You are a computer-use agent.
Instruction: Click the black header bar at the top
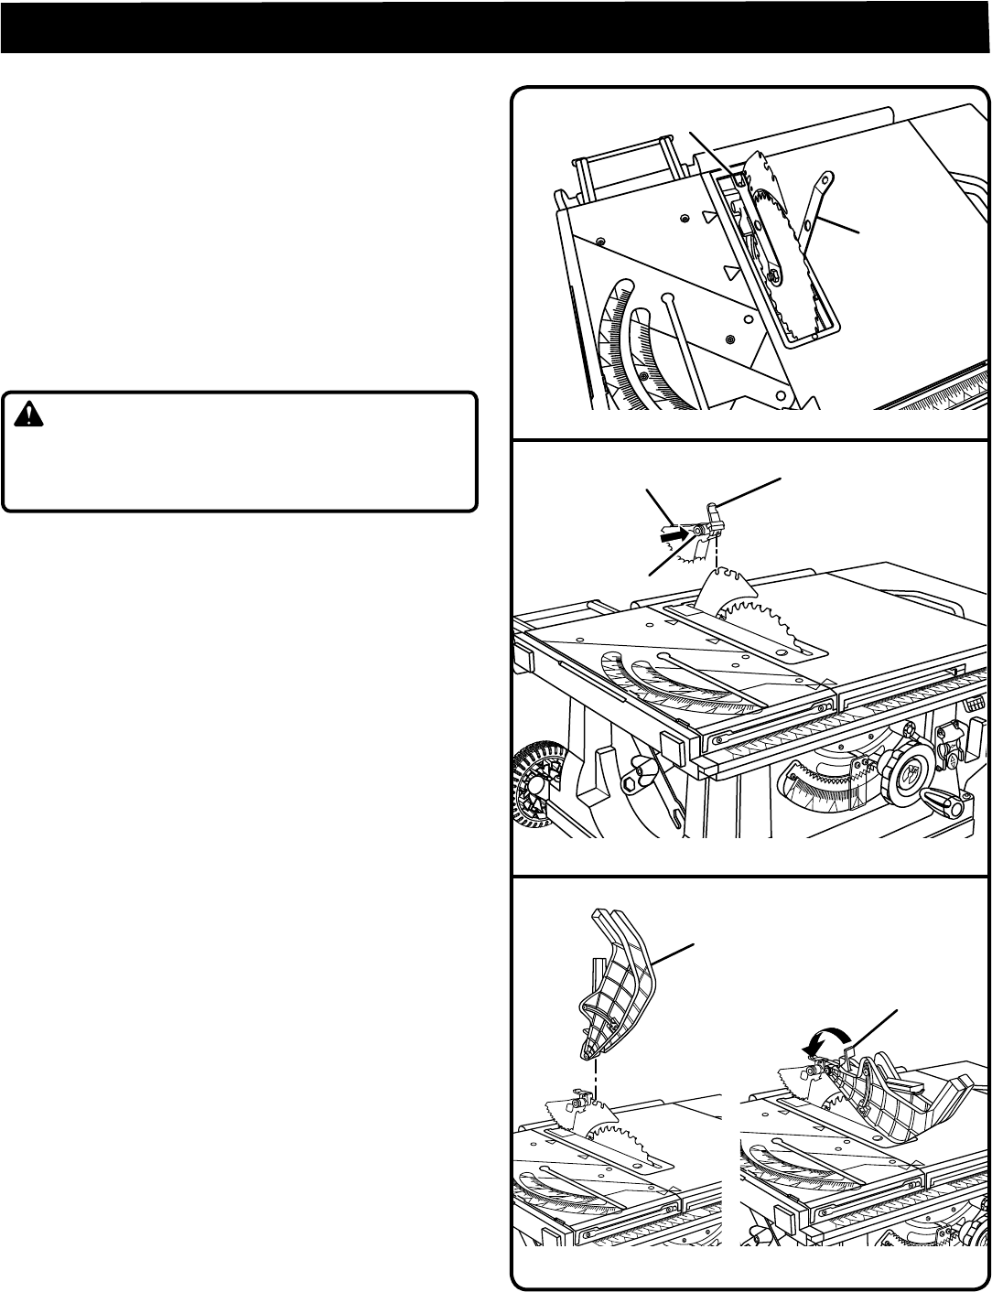pos(495,27)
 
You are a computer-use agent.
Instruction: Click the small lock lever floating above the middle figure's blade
pos(716,517)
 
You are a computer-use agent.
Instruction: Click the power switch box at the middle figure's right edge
pos(949,743)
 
